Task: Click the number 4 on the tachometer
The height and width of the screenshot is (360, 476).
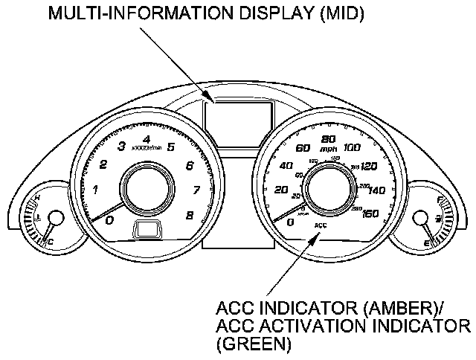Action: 146,138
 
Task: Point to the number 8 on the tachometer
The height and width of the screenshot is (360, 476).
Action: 190,216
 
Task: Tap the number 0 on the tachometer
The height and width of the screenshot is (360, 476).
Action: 109,220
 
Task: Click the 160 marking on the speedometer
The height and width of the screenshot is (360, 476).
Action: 370,213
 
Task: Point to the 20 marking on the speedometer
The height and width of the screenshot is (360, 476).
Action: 281,191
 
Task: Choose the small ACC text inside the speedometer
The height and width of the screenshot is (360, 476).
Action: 321,224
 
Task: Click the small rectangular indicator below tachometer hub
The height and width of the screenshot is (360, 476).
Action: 147,230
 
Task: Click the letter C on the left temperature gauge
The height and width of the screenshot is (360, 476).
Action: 51,242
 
